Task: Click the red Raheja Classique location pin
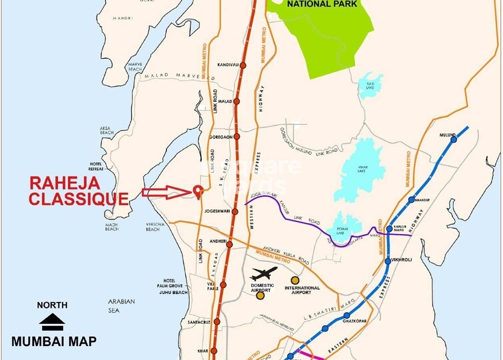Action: coord(197,191)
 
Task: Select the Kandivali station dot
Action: coord(244,65)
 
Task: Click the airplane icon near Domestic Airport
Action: coord(264,273)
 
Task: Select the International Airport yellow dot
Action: coord(294,279)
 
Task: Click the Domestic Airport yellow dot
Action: coord(260,295)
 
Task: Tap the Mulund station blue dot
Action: coord(454,139)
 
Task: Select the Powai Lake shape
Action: coord(346,225)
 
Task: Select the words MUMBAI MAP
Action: coord(53,341)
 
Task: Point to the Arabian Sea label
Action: coord(121,305)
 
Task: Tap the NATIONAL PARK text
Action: coord(322,4)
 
